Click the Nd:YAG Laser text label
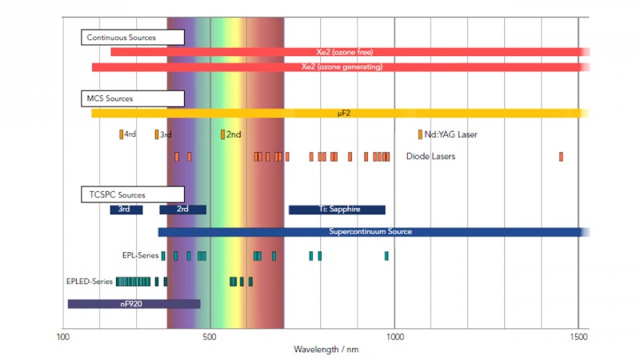click(450, 134)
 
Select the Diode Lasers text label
click(430, 157)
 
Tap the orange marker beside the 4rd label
click(122, 134)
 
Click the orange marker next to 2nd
click(223, 134)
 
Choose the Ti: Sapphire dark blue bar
click(337, 210)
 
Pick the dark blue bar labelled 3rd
click(126, 210)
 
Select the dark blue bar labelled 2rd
click(182, 210)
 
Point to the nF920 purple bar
click(134, 304)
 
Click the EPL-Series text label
click(141, 256)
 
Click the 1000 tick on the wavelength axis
click(395, 338)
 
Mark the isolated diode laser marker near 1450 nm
click(561, 157)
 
